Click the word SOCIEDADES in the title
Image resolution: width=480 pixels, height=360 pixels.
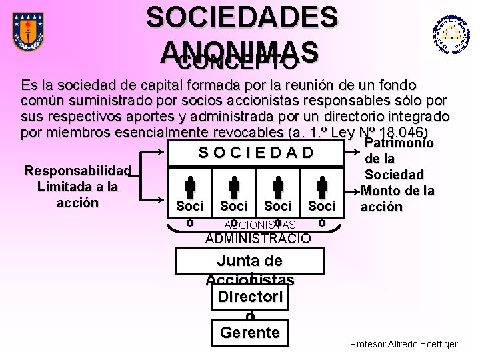242,18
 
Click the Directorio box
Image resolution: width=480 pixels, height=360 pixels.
249,297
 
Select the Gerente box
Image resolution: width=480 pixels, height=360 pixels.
249,332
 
